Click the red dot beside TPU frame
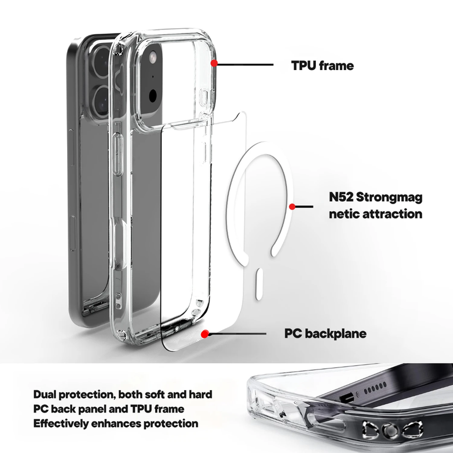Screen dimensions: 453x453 point(214,63)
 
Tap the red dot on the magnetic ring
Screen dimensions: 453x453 point(292,206)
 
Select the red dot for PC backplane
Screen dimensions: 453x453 point(205,334)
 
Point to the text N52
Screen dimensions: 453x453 point(341,197)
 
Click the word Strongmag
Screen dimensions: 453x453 point(389,198)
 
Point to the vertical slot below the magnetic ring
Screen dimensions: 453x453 point(259,284)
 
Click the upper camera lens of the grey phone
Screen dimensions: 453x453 point(101,63)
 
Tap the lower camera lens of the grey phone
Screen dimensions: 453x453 point(101,101)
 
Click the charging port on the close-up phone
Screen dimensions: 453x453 point(347,398)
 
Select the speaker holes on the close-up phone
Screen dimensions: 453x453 point(375,388)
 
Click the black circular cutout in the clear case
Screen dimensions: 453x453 point(152,95)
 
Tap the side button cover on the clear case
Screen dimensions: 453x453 point(117,155)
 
